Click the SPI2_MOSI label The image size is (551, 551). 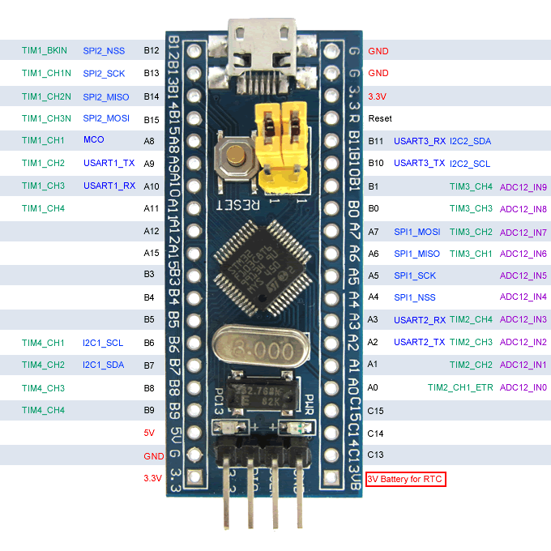coord(106,118)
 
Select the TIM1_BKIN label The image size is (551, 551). coord(45,50)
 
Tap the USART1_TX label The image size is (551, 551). coord(109,163)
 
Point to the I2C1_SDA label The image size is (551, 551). coord(103,365)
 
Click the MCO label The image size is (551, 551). coord(93,140)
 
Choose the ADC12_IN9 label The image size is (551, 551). coord(523,187)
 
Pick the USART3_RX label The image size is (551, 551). coord(420,141)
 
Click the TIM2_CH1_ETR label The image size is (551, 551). coord(460,388)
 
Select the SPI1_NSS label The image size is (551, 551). coord(415,297)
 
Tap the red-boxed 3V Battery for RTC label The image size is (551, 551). coord(406,480)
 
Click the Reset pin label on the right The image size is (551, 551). coord(380,118)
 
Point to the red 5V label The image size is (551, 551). coord(148,433)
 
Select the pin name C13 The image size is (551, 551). coord(375,455)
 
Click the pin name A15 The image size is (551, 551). coord(149,254)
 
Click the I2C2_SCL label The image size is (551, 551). coord(470,164)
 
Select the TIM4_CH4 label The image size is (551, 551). coord(44,410)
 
